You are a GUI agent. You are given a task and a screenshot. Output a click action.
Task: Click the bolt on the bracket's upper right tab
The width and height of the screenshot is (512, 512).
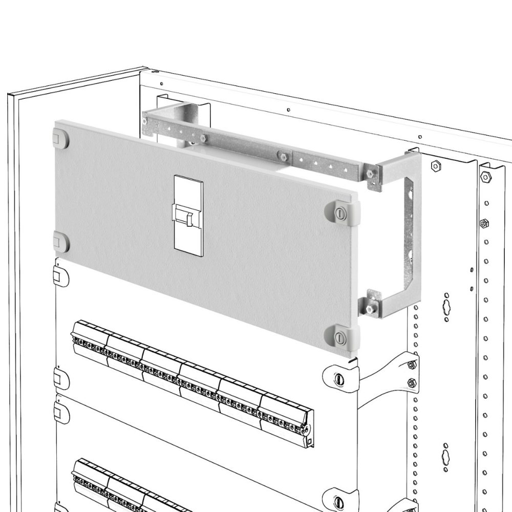point(370,174)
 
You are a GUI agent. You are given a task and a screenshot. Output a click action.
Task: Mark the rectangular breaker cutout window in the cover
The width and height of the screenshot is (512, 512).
point(188,214)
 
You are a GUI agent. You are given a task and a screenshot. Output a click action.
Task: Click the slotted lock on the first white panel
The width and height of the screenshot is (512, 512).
point(337,378)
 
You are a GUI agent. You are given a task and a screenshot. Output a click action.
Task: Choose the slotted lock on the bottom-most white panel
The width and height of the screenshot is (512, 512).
point(337,501)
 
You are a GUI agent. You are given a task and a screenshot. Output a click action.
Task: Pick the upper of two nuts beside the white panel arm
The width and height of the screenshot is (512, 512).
point(411,365)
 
